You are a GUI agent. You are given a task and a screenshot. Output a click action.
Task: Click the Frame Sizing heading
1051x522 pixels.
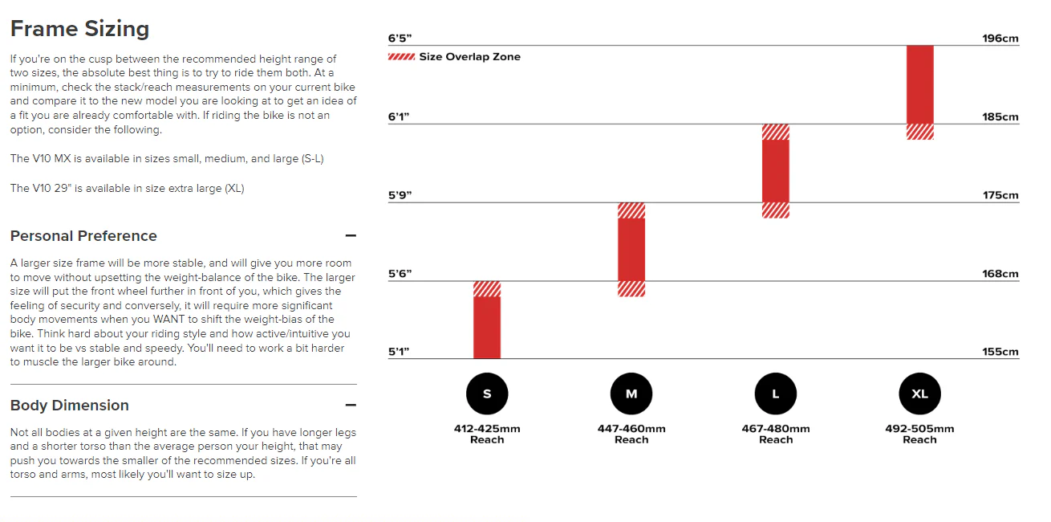pos(79,29)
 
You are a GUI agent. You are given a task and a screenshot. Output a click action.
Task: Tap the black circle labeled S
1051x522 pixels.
pos(487,394)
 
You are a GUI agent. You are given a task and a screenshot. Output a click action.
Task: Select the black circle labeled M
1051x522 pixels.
pos(631,394)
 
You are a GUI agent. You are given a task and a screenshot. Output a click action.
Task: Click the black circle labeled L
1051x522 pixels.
pos(776,394)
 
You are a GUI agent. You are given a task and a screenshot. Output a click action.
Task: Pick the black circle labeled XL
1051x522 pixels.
pos(919,394)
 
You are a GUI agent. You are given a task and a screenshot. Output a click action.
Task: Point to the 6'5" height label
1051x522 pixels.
pos(400,38)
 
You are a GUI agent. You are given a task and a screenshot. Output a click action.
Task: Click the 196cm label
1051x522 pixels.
pos(1000,38)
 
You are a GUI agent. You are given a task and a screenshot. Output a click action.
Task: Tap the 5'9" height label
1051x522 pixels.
pos(400,195)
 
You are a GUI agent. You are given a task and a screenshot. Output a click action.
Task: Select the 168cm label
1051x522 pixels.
pos(1000,274)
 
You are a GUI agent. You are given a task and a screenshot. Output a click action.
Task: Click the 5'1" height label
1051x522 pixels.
pos(399,352)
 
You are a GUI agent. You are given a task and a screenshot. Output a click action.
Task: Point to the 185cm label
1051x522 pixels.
pos(1000,116)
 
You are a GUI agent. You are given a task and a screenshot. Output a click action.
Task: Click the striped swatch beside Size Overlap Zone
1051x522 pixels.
pos(402,57)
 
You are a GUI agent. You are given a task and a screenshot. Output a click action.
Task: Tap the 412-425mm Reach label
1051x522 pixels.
pos(487,434)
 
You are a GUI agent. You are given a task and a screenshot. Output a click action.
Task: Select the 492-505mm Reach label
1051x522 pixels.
pos(919,434)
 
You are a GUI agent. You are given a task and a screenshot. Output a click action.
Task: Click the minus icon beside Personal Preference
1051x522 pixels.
pos(351,235)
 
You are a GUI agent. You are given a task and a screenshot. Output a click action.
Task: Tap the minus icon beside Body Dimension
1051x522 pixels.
pos(351,405)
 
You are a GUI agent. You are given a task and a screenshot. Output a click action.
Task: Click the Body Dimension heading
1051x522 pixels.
pos(70,405)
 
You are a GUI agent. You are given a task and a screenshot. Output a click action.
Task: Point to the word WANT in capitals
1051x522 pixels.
pos(169,320)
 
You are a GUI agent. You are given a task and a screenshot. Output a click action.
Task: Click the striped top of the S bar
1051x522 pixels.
pos(487,289)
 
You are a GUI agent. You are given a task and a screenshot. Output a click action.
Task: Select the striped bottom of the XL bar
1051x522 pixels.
pos(919,132)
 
